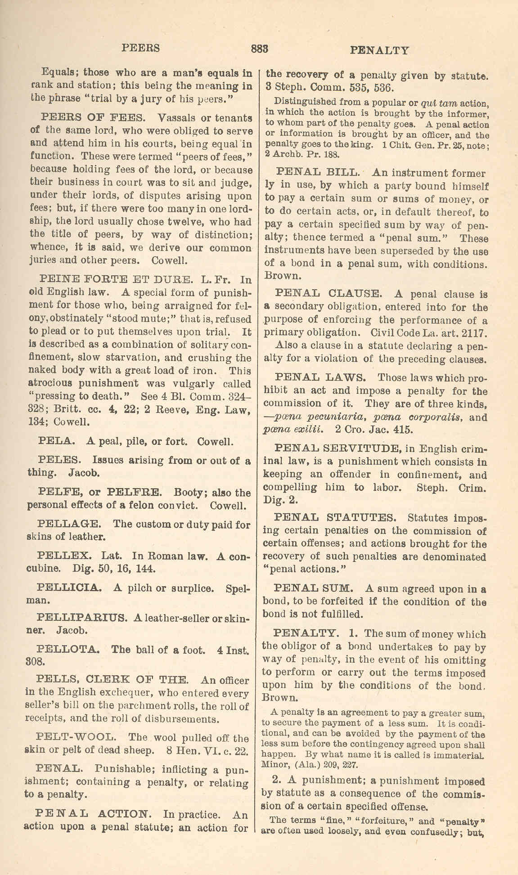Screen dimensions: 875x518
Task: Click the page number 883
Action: point(260,49)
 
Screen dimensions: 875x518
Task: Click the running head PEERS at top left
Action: point(141,48)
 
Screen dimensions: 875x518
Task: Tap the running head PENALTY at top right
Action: point(379,50)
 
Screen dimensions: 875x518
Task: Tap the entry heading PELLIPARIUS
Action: point(81,618)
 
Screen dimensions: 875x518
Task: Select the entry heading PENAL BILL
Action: point(318,173)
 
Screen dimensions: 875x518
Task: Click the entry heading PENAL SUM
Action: point(313,588)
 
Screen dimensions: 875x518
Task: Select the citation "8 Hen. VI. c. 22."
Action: point(207,750)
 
